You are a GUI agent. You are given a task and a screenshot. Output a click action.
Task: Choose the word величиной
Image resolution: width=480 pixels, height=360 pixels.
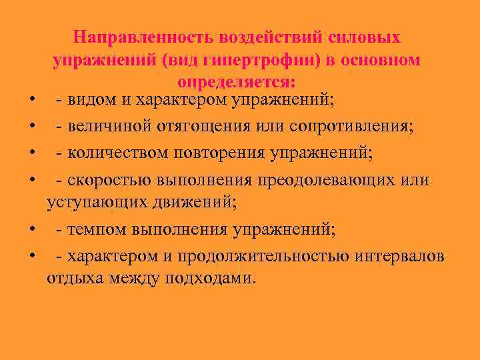(109, 127)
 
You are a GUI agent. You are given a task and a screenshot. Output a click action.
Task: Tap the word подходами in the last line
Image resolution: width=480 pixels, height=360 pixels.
(215, 277)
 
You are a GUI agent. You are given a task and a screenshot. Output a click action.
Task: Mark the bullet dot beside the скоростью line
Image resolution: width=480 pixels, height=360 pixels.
(32, 180)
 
